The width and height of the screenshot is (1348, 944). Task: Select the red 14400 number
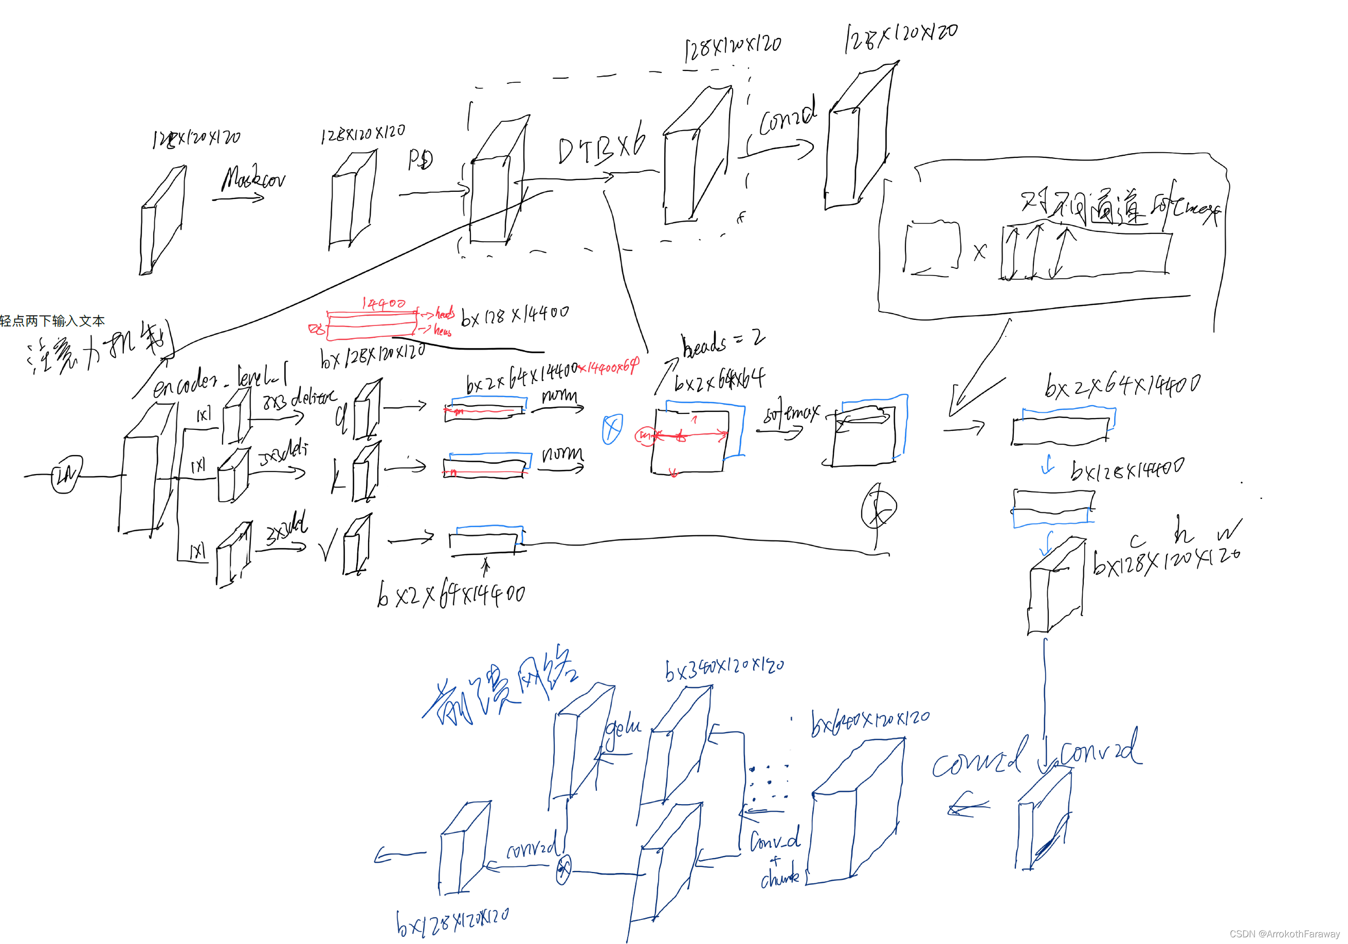pos(384,303)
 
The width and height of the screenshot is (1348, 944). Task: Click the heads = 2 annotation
pos(722,343)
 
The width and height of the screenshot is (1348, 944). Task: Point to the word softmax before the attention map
pos(790,414)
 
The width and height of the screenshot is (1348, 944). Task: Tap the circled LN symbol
pos(66,475)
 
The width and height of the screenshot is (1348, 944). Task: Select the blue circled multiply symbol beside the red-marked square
pos(612,429)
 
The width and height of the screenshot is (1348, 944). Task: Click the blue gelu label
pos(623,728)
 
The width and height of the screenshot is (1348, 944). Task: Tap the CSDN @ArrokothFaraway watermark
pos(1284,933)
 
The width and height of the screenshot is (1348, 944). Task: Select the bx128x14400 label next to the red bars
pos(514,315)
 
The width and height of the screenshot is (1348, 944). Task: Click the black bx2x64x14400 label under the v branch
pos(451,594)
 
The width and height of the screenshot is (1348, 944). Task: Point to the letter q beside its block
pos(340,418)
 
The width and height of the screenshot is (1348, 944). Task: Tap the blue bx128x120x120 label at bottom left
pos(452,922)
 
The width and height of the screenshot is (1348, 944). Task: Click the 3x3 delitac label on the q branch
pos(299,399)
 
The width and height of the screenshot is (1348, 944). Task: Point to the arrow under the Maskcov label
pos(239,199)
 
